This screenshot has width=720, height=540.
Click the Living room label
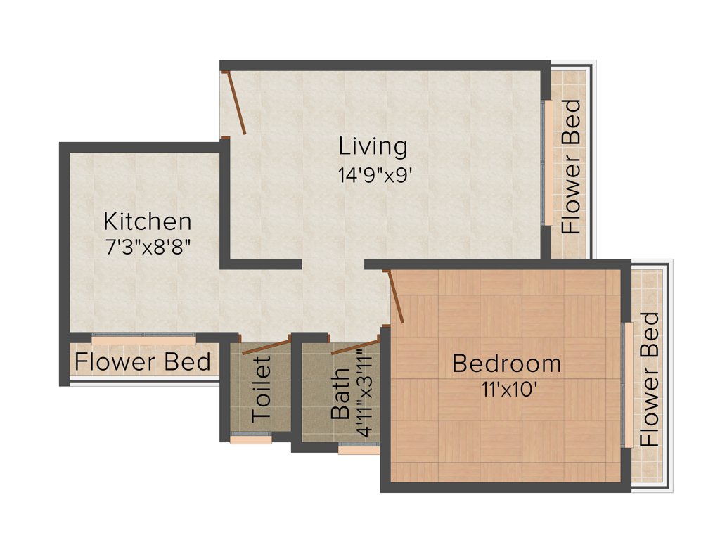point(373,147)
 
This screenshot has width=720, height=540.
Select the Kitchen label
point(147,221)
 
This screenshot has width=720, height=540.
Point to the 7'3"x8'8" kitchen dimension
point(147,247)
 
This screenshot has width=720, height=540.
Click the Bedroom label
point(506,364)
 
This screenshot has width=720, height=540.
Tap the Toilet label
point(261,389)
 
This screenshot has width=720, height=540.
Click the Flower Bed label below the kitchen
point(143,362)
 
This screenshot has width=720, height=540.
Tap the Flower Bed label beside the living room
point(571,167)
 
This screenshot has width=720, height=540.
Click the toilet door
point(265,346)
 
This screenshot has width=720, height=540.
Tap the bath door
point(355,345)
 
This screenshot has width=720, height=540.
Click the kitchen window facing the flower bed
point(143,340)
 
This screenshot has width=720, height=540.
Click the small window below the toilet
point(250,439)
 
